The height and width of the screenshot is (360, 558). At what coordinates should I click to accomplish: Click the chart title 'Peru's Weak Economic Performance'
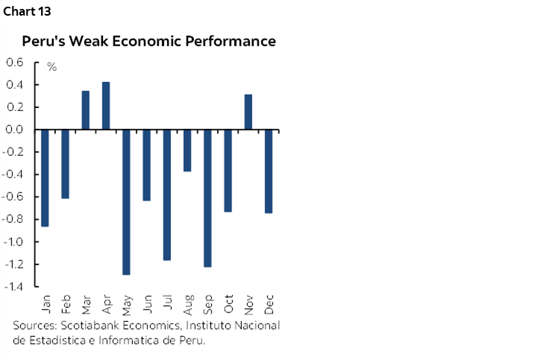pyautogui.click(x=149, y=41)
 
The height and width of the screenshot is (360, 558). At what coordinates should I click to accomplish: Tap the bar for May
pyautogui.click(x=126, y=202)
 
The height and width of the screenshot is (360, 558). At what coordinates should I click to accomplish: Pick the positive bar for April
pyautogui.click(x=106, y=106)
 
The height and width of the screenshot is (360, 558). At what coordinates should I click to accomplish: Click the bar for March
pyautogui.click(x=86, y=110)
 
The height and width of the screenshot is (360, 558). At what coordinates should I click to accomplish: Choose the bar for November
pyautogui.click(x=248, y=112)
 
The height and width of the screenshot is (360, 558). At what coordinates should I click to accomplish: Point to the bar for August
pyautogui.click(x=187, y=151)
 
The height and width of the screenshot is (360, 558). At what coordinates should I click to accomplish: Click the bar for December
pyautogui.click(x=269, y=171)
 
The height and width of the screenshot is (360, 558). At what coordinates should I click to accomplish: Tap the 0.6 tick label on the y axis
pyautogui.click(x=15, y=63)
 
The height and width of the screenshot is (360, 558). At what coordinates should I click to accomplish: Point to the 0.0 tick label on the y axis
pyautogui.click(x=15, y=130)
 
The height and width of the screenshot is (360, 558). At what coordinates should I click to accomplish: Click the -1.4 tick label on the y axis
pyautogui.click(x=13, y=287)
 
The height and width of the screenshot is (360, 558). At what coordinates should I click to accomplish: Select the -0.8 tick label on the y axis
pyautogui.click(x=13, y=219)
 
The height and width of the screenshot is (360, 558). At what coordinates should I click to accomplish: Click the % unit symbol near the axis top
pyautogui.click(x=52, y=68)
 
